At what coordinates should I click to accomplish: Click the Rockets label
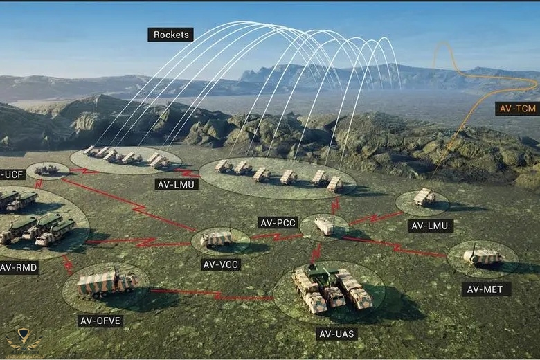(x=170, y=34)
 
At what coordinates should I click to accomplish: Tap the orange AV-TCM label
(x=516, y=108)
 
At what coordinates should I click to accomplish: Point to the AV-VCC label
(x=222, y=264)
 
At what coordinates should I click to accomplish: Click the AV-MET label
(x=486, y=289)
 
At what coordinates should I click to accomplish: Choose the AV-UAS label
(x=338, y=334)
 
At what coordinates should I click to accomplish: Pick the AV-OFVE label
(x=101, y=321)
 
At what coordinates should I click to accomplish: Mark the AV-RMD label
(x=17, y=267)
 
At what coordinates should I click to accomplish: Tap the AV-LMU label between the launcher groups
(x=177, y=184)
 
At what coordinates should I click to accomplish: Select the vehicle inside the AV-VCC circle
(x=217, y=239)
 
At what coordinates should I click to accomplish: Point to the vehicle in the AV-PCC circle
(x=324, y=225)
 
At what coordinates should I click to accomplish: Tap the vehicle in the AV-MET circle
(x=483, y=257)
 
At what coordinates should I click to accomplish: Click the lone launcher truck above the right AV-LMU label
(x=424, y=197)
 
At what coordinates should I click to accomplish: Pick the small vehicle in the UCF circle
(x=47, y=170)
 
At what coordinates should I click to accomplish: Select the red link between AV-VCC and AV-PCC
(x=275, y=237)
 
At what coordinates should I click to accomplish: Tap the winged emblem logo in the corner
(x=24, y=340)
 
